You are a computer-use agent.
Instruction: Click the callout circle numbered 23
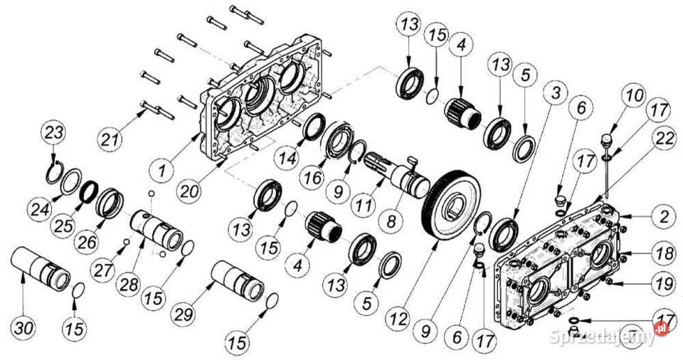pos(55,132)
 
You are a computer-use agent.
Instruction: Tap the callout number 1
pos(163,171)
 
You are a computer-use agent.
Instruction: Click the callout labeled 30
pos(23,329)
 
